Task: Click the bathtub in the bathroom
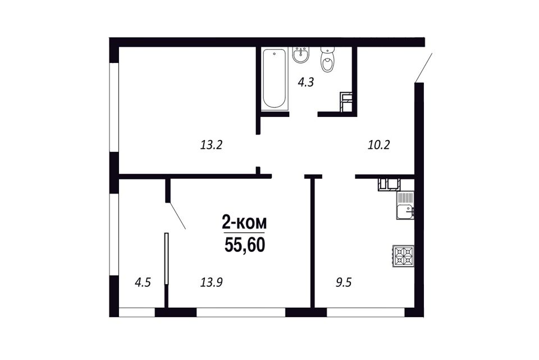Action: [x=275, y=79]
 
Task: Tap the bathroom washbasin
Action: [x=302, y=55]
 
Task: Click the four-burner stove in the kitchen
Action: [x=404, y=255]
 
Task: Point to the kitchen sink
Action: [x=405, y=206]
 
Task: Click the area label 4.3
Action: [x=305, y=83]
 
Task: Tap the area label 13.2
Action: [x=211, y=145]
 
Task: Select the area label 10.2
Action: [x=378, y=145]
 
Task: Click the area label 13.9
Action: [x=212, y=283]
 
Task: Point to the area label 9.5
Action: [x=344, y=283]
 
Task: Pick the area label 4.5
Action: [x=143, y=283]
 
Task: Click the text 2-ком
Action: [x=244, y=223]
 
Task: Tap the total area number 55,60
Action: [x=244, y=245]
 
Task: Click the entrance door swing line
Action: [x=423, y=68]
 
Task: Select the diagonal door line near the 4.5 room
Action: [x=176, y=215]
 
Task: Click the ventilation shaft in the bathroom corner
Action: [x=346, y=102]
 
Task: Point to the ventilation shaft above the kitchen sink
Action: [x=389, y=184]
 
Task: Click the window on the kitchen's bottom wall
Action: [x=366, y=312]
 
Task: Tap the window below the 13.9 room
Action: [x=241, y=312]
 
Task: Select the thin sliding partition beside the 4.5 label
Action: [x=166, y=259]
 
